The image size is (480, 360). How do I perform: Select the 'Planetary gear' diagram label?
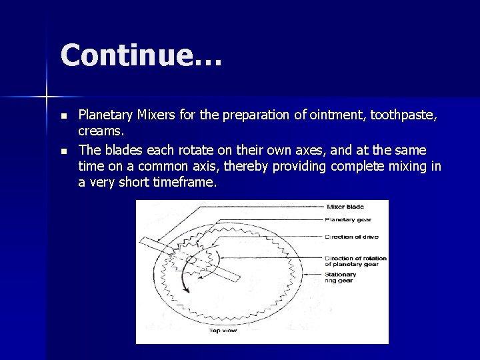pyautogui.click(x=347, y=219)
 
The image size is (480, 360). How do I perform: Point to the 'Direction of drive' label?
pyautogui.click(x=351, y=236)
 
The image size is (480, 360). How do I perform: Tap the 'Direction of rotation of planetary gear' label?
pyautogui.click(x=355, y=261)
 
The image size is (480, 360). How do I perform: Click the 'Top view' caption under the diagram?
pyautogui.click(x=224, y=330)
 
